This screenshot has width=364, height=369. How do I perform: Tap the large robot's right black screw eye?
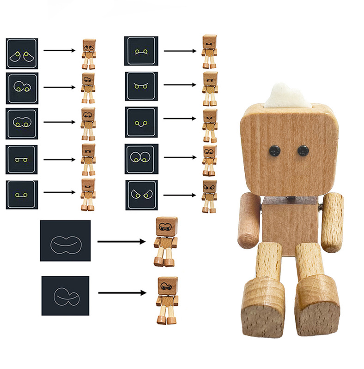303,149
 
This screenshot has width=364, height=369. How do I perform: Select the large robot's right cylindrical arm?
333,222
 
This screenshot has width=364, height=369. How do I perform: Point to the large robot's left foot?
263,303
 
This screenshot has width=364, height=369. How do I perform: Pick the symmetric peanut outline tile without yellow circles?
65,241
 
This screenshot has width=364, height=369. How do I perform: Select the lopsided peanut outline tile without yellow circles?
65,296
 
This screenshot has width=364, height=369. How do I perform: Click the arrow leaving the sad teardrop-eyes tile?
60,50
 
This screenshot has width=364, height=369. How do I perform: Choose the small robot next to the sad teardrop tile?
89,54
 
